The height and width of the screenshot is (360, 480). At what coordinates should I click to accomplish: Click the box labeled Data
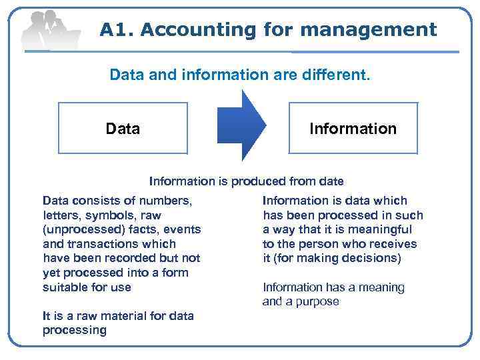point(123,128)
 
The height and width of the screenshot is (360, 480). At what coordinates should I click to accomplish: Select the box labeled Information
point(353,128)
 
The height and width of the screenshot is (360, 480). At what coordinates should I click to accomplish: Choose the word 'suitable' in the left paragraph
point(65,287)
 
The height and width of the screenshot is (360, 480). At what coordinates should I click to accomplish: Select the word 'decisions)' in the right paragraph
point(370,258)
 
